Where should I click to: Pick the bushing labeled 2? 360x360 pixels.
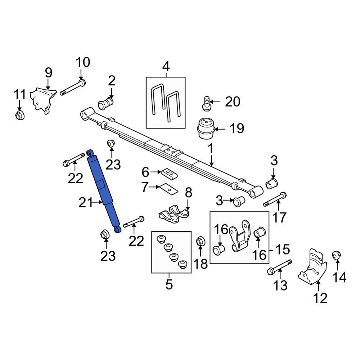[106, 104]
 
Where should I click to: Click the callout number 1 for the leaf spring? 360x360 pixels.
[210, 148]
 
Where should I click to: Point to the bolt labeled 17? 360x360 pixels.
[275, 199]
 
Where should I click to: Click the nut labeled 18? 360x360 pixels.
[200, 242]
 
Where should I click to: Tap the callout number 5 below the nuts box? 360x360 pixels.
[169, 284]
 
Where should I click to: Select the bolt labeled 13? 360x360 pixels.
[279, 266]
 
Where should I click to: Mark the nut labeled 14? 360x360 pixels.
[336, 255]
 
